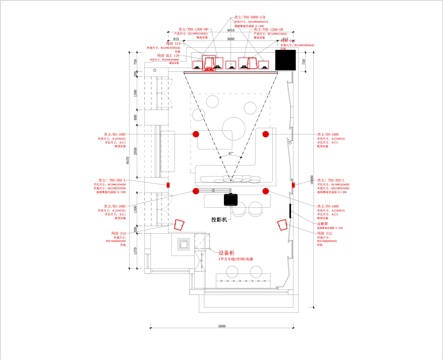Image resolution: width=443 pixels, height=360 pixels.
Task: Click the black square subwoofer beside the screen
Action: [283, 60]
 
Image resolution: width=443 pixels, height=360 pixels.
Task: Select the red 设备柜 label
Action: [225, 254]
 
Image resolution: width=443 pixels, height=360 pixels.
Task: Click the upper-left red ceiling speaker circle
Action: [197, 133]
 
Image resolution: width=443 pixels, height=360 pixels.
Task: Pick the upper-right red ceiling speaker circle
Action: [266, 133]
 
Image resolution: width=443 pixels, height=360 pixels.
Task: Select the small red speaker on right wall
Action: [290, 185]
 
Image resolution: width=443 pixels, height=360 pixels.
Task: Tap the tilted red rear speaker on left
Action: [181, 225]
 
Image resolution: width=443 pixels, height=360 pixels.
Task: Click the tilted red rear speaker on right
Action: [282, 226]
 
